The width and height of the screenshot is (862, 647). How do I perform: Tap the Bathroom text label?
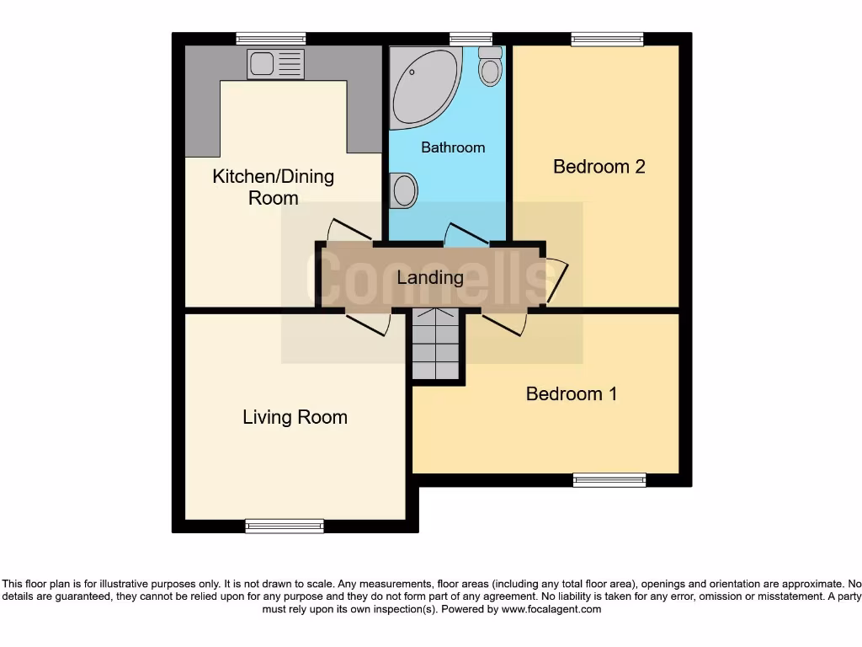[453, 147]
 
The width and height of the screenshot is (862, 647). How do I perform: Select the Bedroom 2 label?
[599, 167]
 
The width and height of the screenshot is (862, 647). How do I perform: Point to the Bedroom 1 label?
[571, 393]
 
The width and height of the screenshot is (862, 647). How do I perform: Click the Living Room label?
[295, 417]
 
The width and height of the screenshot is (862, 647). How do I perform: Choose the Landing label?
[430, 277]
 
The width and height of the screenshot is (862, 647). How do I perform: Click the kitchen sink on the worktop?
[275, 63]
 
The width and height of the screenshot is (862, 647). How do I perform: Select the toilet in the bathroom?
[490, 66]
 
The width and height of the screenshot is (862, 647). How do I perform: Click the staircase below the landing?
[437, 345]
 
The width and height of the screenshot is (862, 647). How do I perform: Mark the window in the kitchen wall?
[270, 39]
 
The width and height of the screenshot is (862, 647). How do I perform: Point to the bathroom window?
[471, 39]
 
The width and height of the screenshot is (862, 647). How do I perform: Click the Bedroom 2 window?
[607, 39]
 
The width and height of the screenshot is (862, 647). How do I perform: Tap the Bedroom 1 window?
[609, 480]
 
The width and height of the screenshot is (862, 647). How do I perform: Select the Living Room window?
[285, 526]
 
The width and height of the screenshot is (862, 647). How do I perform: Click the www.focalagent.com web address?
[551, 609]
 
